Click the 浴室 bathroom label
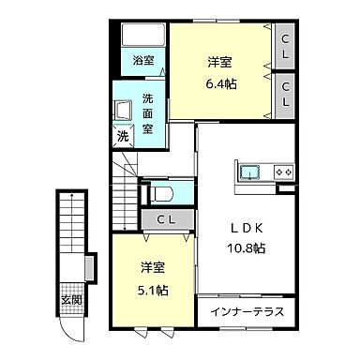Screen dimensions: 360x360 click(x=143, y=62)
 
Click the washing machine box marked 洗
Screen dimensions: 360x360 click(x=123, y=137)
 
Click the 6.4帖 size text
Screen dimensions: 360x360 click(x=221, y=82)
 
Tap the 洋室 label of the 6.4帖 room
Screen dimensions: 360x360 click(x=221, y=63)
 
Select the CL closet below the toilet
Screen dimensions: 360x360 click(x=166, y=220)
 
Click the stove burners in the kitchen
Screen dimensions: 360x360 click(x=282, y=172)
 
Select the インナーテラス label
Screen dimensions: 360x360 click(x=246, y=310)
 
